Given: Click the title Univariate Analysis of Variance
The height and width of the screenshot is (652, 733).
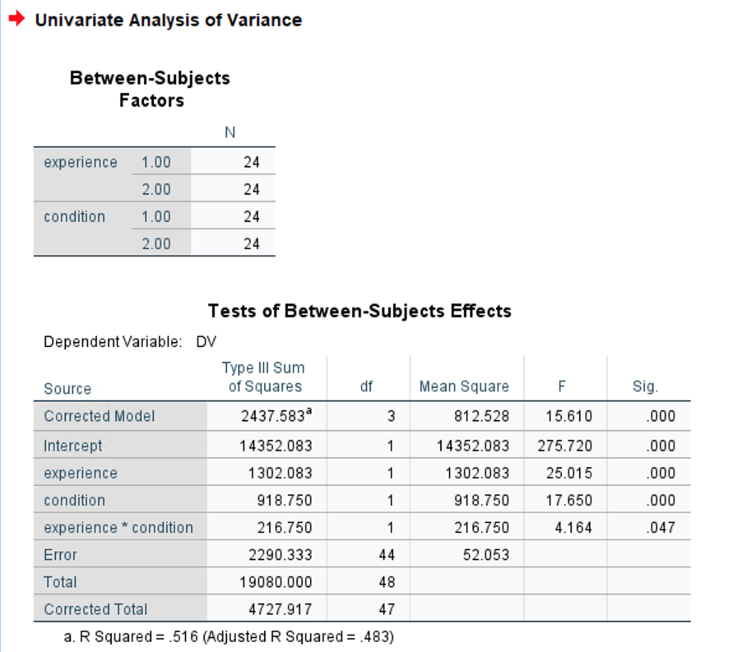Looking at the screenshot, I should (x=168, y=20).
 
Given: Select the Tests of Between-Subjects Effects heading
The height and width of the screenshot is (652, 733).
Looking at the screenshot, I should (x=359, y=311).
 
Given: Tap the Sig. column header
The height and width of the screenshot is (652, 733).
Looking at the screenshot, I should (x=645, y=386).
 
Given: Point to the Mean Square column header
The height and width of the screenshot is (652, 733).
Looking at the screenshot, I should (x=464, y=386).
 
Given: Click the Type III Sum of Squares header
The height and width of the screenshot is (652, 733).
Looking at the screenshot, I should (x=265, y=377).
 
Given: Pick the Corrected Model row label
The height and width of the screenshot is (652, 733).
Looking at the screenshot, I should (x=99, y=416).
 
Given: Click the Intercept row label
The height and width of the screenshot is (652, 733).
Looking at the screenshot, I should (x=73, y=446).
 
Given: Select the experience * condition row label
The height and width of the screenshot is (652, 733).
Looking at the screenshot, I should (x=118, y=527).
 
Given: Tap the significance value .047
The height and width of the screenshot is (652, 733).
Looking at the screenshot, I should (x=660, y=527).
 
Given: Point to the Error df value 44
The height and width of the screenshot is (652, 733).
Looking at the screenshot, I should (x=387, y=555).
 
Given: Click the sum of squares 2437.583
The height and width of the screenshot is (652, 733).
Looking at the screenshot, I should (x=276, y=416).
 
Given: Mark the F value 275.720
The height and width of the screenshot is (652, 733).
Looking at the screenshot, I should (x=565, y=446).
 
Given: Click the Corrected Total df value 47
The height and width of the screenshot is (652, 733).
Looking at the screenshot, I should (x=387, y=609).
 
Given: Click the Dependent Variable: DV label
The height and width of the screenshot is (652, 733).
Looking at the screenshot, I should (x=130, y=342).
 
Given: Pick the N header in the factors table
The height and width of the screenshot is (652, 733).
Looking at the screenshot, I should (x=230, y=132).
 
